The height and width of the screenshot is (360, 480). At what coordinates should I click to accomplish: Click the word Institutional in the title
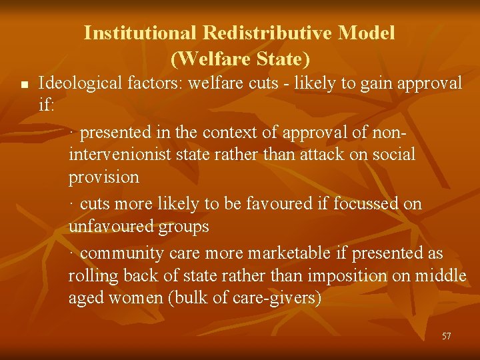141,33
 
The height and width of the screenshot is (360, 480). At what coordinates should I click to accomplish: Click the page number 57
446,336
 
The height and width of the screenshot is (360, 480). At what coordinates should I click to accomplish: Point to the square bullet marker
23,85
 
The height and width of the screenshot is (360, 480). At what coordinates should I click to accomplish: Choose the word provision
103,177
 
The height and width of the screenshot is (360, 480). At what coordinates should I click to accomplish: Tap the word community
121,253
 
